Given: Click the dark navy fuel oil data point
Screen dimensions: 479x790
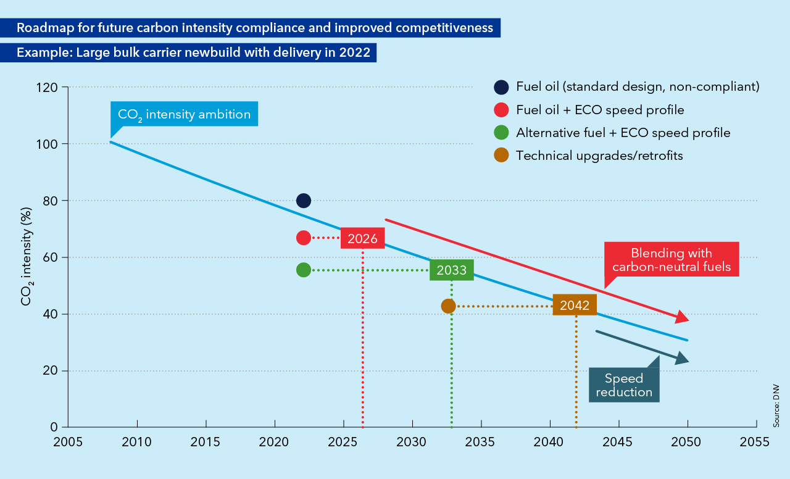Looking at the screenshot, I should coord(303,201).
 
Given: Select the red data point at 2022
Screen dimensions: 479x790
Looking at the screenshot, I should coord(303,238).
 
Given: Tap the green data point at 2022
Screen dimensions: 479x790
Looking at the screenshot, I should coord(303,270).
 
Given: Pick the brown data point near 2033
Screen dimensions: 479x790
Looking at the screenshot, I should coord(449,306).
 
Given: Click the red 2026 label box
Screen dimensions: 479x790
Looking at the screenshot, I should coord(362,238).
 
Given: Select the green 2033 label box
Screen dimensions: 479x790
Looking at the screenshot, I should coord(452,270).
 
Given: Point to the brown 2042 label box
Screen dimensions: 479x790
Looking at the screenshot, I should coord(575,305).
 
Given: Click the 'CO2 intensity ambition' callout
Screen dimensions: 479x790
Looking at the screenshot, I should coord(184,114).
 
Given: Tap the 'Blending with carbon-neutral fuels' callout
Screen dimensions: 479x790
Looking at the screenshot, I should coord(671,260).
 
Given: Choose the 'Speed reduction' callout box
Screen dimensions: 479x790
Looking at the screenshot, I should coord(623,385).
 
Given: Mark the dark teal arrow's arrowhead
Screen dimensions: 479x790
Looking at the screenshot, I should coord(683,359).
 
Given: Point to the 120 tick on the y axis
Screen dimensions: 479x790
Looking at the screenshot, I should coord(50,88).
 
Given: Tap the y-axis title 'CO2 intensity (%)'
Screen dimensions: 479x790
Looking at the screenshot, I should coord(27,257).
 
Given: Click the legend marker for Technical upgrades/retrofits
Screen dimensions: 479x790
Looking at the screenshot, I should coord(501,156).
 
